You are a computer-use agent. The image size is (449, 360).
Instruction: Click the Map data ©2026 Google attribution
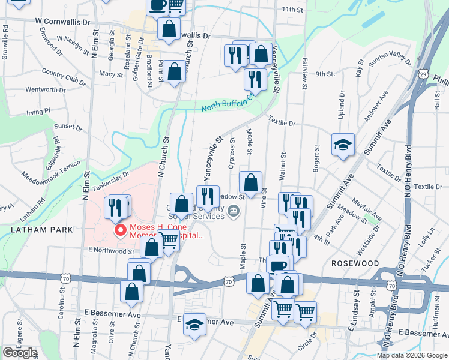pos(412,355)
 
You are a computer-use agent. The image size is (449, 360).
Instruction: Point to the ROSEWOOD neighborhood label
pos(355,263)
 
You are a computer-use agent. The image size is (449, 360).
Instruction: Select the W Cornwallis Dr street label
pos(62,20)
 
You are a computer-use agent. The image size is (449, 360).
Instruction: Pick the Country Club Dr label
pos(64,76)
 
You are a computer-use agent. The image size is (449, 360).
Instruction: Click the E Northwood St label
pos(110,250)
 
